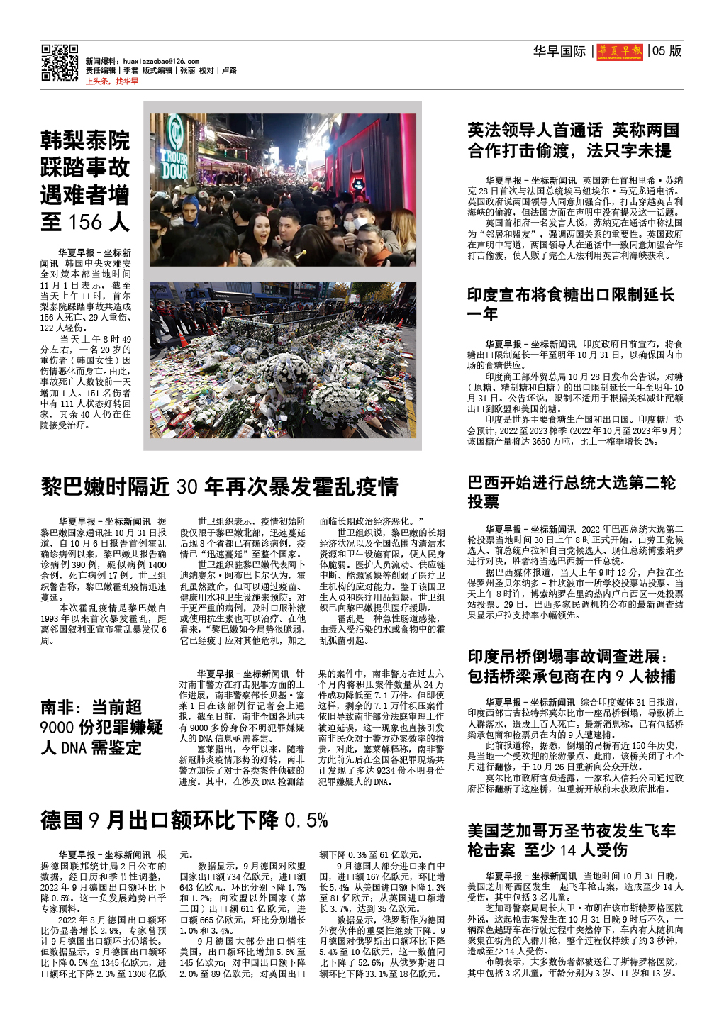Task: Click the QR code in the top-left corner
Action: pos(60,63)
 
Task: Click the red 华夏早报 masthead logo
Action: pos(620,51)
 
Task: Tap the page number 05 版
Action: pos(667,51)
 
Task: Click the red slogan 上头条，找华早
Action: pos(112,82)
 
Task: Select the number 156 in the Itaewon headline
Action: pos(86,223)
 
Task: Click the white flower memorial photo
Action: pos(282,360)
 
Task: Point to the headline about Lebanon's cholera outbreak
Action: pos(219,487)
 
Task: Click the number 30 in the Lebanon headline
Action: pos(187,487)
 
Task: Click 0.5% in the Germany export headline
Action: pos(306,821)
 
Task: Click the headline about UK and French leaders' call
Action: pos(573,140)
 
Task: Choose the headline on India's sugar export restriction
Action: pos(571,304)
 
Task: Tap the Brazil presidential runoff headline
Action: pos(571,492)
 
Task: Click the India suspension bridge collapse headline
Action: pos(571,666)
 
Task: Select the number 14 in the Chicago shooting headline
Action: pos(568,850)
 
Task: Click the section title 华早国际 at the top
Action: pos(559,51)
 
